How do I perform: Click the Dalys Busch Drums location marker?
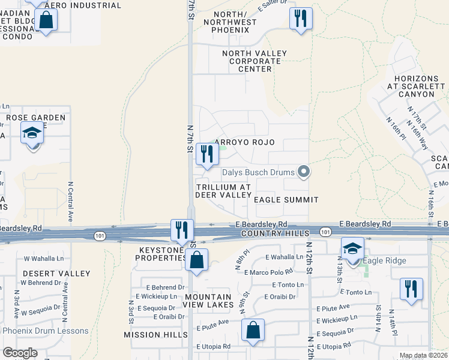(x=304, y=172)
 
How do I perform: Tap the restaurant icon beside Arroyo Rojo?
(x=206, y=154)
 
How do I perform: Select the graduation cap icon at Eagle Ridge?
(x=353, y=248)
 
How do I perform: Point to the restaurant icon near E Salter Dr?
(x=301, y=18)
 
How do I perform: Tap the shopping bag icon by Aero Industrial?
(x=46, y=20)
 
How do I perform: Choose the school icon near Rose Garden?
(x=32, y=133)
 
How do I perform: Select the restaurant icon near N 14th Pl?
(x=411, y=288)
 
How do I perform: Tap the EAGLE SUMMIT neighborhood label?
(x=285, y=199)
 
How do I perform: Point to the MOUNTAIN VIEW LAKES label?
(x=208, y=301)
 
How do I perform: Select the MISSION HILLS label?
(x=151, y=334)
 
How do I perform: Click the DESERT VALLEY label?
(x=48, y=273)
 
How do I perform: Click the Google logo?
(x=20, y=352)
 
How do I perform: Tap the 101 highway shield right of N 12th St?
(x=325, y=232)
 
